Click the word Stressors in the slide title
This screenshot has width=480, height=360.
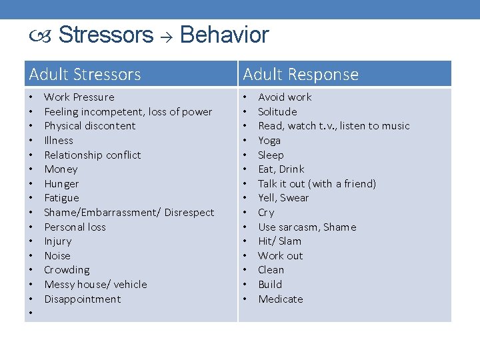tap(106, 35)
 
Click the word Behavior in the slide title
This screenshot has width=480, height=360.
tap(224, 35)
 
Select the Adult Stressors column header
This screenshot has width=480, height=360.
tap(85, 74)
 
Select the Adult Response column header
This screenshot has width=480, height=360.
tap(300, 74)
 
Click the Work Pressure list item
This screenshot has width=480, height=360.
tap(79, 97)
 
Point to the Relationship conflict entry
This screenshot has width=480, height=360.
tap(92, 155)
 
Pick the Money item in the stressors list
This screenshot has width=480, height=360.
tap(61, 169)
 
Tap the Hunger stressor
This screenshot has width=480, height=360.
tap(61, 184)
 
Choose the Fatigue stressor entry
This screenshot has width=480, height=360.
tap(61, 198)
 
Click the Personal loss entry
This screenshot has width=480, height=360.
tap(75, 227)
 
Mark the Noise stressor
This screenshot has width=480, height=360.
tap(57, 256)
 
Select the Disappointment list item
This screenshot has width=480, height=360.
tap(83, 299)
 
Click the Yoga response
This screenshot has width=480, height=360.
tap(269, 141)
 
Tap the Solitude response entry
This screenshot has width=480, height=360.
tap(277, 112)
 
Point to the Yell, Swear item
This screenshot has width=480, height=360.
tap(283, 198)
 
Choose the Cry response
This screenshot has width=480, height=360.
tap(266, 213)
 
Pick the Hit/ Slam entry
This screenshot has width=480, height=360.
tap(279, 241)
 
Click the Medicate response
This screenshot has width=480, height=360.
tap(280, 299)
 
